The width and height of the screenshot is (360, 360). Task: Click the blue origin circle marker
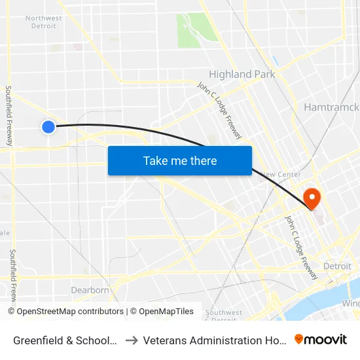pos(48,127)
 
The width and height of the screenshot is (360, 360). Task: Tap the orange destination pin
pos(312,198)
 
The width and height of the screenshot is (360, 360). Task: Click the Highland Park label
pos(242,75)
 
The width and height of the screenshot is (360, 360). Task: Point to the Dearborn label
pos(90,290)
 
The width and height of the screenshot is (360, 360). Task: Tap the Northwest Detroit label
pos(44,22)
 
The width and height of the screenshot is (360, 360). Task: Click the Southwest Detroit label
pos(224,315)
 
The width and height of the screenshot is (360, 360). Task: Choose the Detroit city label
pos(337,266)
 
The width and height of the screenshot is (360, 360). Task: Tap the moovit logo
pos(321,339)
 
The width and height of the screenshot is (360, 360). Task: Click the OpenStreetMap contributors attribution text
pos(70,312)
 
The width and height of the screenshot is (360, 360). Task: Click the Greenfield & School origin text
pos(65,340)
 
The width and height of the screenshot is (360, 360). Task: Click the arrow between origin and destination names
pos(131,340)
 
